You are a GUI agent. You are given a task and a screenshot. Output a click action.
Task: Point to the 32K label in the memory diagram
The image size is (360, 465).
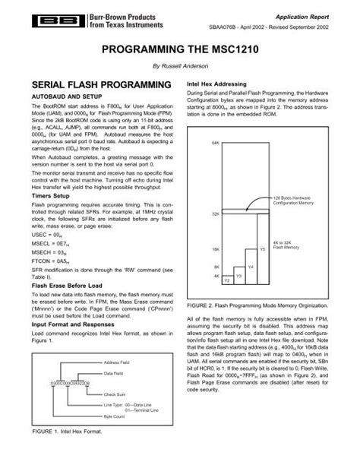[216, 214]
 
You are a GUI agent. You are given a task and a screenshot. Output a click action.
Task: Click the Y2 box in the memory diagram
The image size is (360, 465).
[226, 280]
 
